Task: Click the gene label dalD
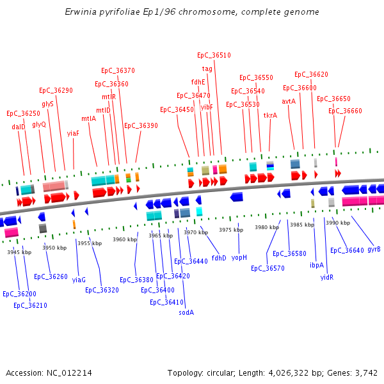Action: pos(19,127)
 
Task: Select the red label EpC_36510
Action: pos(214,56)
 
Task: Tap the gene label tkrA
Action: pos(270,116)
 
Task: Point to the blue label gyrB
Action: pos(374,249)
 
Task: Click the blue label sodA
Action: pos(186,312)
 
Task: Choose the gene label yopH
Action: pos(239,257)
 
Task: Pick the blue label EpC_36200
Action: pos(19,294)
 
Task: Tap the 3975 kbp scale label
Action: pos(231,230)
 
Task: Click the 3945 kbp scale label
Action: pos(19,252)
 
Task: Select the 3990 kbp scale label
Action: pos(338,223)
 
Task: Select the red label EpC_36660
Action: pos(345,111)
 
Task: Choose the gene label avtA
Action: pos(289,101)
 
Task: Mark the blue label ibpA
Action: pos(317,265)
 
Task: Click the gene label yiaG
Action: pos(79,280)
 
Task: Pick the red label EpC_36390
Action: pos(141,126)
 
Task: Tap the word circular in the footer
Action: pos(226,372)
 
